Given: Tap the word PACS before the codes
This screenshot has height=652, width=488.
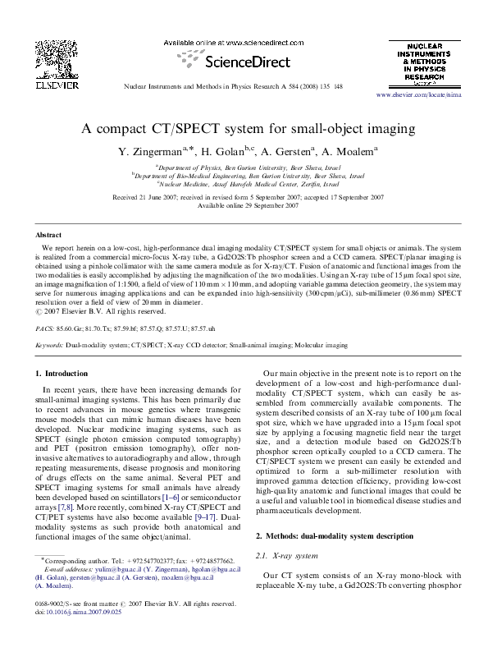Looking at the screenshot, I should (x=46, y=327).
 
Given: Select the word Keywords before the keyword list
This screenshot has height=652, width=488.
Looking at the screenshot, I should (x=50, y=346).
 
